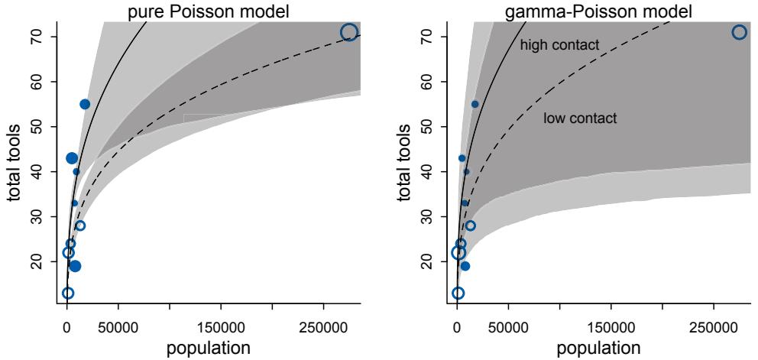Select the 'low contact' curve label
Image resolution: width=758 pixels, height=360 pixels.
580,118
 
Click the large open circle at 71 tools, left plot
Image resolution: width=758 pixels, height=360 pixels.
349,32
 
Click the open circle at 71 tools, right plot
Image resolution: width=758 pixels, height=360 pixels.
739,32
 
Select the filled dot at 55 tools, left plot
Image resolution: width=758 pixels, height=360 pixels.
85,104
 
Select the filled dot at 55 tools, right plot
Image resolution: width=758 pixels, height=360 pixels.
475,104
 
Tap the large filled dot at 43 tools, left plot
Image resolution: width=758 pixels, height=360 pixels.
72,158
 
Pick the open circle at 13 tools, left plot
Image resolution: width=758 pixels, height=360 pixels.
68,293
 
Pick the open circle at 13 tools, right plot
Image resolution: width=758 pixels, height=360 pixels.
458,293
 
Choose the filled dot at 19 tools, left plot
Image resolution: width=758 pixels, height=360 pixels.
75,266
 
